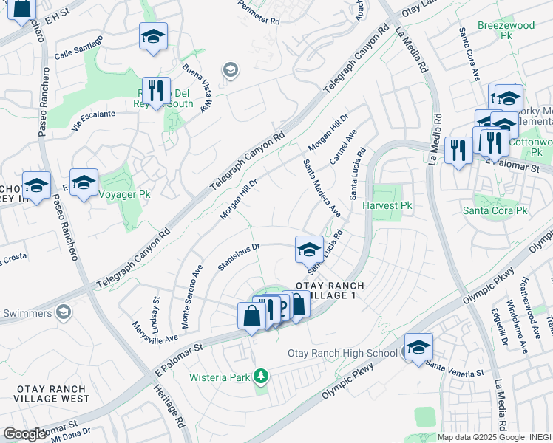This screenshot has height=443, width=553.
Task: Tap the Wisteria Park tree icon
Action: pyautogui.click(x=259, y=377)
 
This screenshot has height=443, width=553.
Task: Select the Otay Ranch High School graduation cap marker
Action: pyautogui.click(x=418, y=346)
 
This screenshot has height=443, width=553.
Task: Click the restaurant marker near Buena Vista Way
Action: pyautogui.click(x=156, y=92)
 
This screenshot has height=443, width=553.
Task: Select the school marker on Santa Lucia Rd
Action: pyautogui.click(x=309, y=249)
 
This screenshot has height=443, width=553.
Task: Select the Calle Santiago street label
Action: pyautogui.click(x=78, y=47)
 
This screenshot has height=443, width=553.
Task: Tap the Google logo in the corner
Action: pyautogui.click(x=24, y=434)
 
